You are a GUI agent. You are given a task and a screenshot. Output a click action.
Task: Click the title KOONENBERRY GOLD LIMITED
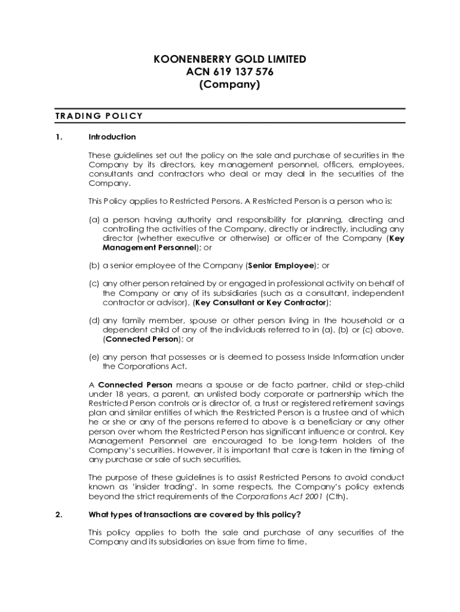pyautogui.click(x=230, y=60)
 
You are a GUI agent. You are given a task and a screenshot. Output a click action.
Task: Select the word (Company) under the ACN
pyautogui.click(x=230, y=85)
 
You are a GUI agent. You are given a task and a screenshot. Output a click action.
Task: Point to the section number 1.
pyautogui.click(x=58, y=137)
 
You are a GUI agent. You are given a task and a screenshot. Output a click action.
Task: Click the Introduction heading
pyautogui.click(x=112, y=137)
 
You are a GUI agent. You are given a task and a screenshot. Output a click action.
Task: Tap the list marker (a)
pyautogui.click(x=94, y=220)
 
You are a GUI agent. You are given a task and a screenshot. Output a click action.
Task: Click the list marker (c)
pyautogui.click(x=94, y=283)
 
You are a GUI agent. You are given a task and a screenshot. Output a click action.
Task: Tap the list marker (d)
pyautogui.click(x=94, y=321)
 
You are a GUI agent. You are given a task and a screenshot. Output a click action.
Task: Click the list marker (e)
pyautogui.click(x=94, y=357)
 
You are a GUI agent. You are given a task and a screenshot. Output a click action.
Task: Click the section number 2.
pyautogui.click(x=58, y=515)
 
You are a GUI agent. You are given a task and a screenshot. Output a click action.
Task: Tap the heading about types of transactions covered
pyautogui.click(x=195, y=515)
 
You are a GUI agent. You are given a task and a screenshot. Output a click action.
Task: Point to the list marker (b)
pyautogui.click(x=94, y=265)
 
